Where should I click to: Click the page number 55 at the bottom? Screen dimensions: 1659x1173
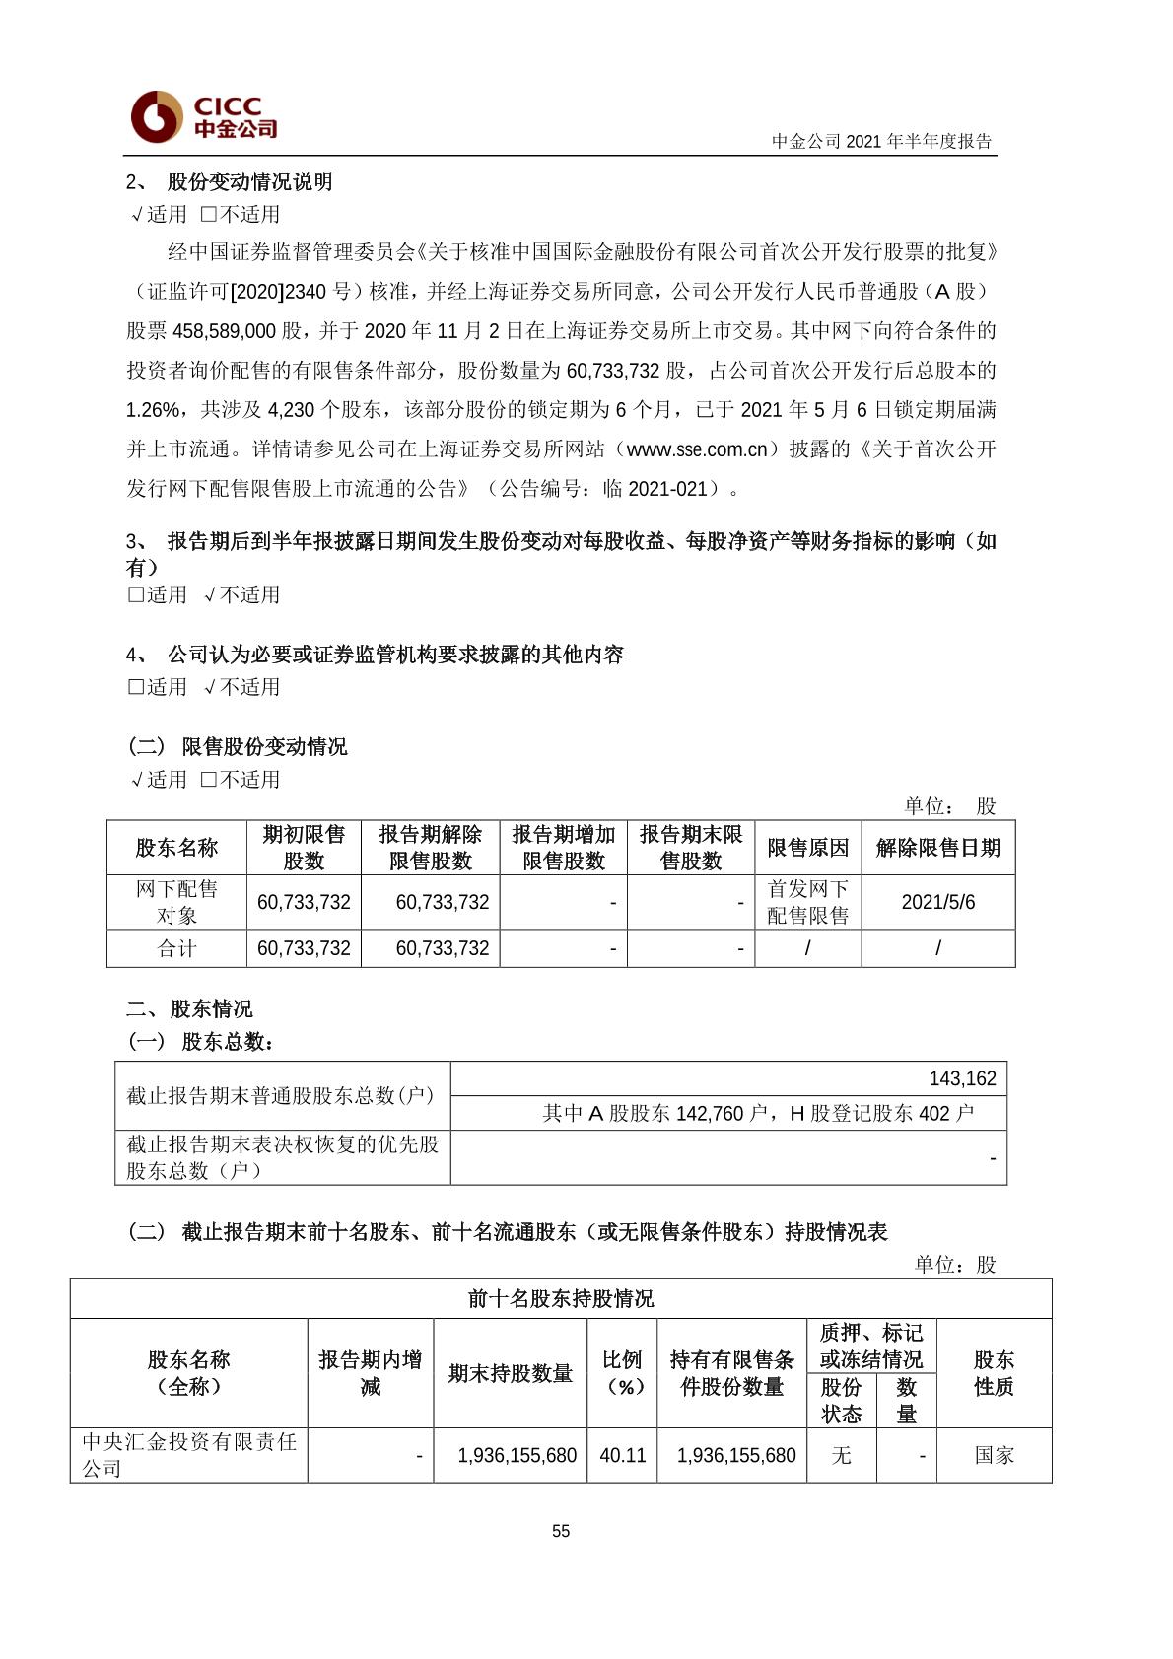(x=561, y=1531)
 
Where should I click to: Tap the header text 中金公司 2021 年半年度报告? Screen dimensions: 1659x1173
(x=881, y=141)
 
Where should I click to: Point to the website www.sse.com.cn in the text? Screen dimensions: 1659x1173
(x=697, y=449)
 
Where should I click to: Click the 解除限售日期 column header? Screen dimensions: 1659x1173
(x=937, y=848)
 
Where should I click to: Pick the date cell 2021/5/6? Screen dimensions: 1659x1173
(x=937, y=902)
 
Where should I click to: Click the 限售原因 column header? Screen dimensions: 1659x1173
(x=807, y=848)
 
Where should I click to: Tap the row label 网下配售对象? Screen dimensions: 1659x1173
(x=176, y=902)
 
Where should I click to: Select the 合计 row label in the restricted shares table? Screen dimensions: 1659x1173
(x=176, y=948)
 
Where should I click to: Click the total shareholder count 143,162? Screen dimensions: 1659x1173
(x=962, y=1078)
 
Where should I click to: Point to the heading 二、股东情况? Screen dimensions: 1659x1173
(x=189, y=1008)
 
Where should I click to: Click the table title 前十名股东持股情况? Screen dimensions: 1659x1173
(x=561, y=1298)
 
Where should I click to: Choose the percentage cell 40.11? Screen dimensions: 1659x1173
(x=622, y=1455)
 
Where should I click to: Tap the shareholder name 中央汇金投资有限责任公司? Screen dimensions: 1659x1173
(x=188, y=1455)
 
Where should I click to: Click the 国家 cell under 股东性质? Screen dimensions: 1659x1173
(x=994, y=1455)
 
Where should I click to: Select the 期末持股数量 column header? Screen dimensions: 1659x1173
(x=510, y=1373)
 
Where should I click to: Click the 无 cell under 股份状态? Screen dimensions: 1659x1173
(x=841, y=1455)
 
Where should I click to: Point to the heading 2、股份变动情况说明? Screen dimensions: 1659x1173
(x=230, y=181)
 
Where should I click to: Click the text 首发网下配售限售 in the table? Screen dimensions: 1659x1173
(x=807, y=902)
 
